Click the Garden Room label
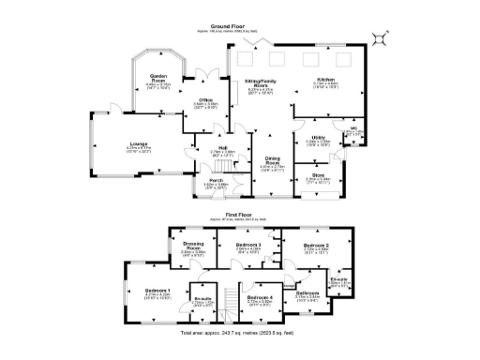tap(158, 78)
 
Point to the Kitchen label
tap(325, 80)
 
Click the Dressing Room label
tap(193, 247)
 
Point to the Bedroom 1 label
tap(157, 291)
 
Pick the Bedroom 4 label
tap(260, 297)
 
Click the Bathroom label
tap(308, 294)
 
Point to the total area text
tap(240, 333)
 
